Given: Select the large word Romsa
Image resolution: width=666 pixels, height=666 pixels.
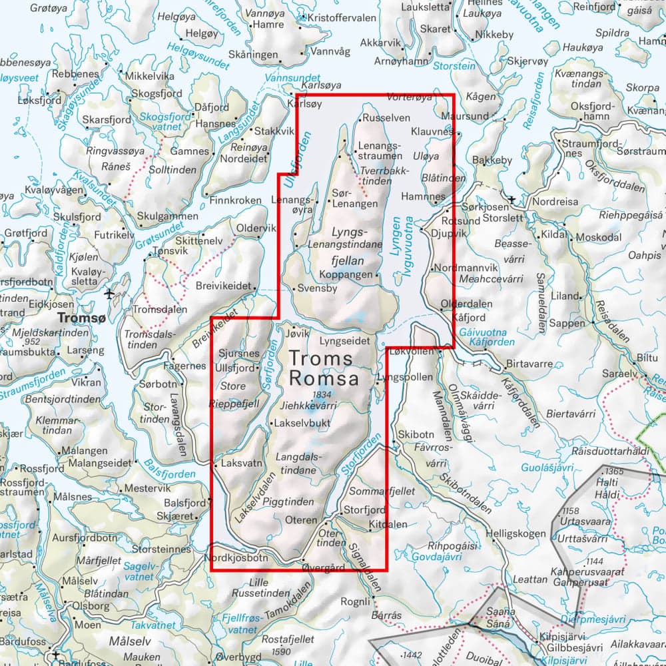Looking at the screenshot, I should (324, 379).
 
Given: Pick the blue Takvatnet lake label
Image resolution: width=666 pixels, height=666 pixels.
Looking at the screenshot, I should (153, 625).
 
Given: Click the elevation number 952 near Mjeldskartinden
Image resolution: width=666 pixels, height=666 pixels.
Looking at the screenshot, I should (31, 342).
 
